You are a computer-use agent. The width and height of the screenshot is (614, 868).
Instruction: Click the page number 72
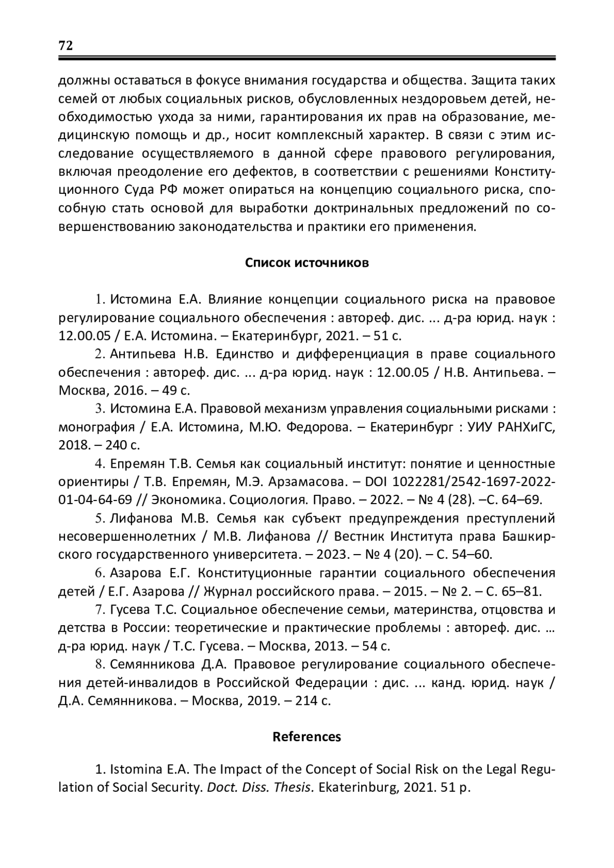66,45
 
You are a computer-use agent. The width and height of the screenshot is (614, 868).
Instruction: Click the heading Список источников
306,263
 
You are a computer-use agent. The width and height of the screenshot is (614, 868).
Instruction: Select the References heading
306,737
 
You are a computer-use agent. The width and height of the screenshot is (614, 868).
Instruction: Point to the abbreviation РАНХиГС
527,427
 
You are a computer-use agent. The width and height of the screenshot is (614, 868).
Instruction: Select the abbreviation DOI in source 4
379,482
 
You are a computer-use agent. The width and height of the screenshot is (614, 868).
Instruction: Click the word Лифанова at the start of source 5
142,518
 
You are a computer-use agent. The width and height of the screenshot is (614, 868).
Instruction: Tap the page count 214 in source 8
307,700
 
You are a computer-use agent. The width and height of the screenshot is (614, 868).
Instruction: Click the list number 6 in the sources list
99,573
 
